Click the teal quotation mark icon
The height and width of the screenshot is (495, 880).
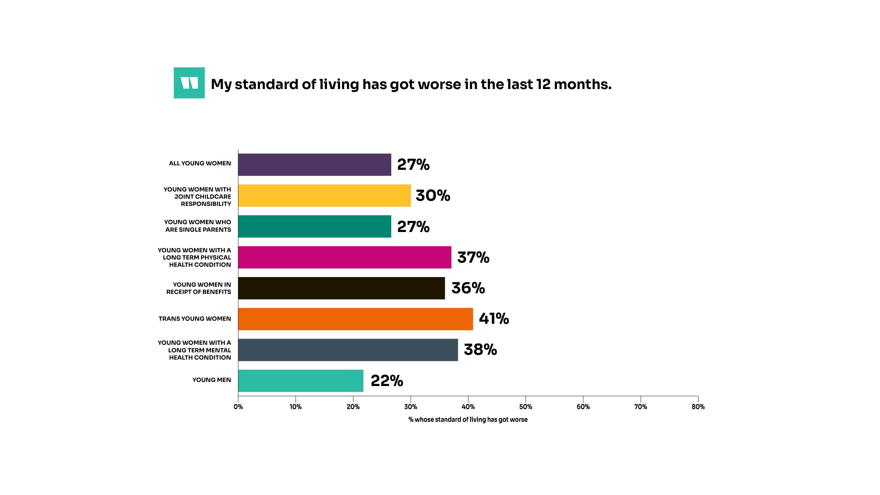click(189, 83)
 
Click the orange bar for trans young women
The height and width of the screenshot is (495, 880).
click(355, 319)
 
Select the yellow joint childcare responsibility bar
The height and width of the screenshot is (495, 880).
click(324, 196)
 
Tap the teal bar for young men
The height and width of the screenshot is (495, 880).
click(300, 381)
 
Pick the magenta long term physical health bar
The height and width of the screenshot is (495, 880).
click(344, 257)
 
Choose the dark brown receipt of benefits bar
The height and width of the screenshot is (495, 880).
click(341, 288)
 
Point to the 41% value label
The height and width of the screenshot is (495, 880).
click(494, 319)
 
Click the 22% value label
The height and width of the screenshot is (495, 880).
click(387, 381)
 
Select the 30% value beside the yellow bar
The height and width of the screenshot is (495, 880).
click(433, 196)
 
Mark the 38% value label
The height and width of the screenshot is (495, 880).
click(480, 350)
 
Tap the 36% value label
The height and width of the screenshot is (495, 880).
click(468, 288)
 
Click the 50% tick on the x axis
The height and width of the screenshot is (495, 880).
click(526, 407)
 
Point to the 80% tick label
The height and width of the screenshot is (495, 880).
click(698, 407)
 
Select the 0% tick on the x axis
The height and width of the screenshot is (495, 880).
click(238, 407)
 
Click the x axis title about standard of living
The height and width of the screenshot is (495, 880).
click(468, 419)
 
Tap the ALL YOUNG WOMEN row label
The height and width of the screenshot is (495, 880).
click(200, 163)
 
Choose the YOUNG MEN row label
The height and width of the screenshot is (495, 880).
click(211, 380)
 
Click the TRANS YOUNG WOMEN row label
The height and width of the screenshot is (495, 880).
click(195, 319)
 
